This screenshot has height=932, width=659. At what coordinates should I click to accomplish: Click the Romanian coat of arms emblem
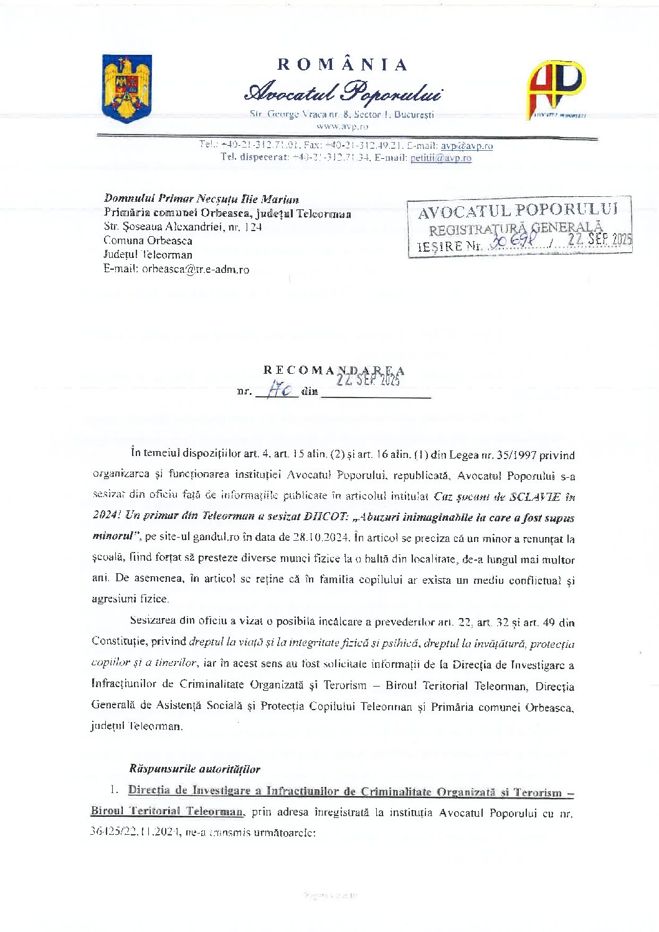127,88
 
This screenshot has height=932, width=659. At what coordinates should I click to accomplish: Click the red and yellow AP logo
557,88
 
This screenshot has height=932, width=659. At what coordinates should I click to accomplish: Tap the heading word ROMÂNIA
342,65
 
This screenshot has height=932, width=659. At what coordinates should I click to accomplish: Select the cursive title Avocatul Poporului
343,93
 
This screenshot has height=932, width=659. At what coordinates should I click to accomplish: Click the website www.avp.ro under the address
342,126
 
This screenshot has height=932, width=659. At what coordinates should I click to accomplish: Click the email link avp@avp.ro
467,146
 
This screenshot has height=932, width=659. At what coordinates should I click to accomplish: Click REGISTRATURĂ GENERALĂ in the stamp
516,229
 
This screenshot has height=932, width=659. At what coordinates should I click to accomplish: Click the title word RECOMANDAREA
334,370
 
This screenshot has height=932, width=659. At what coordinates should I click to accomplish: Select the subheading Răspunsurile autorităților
194,769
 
